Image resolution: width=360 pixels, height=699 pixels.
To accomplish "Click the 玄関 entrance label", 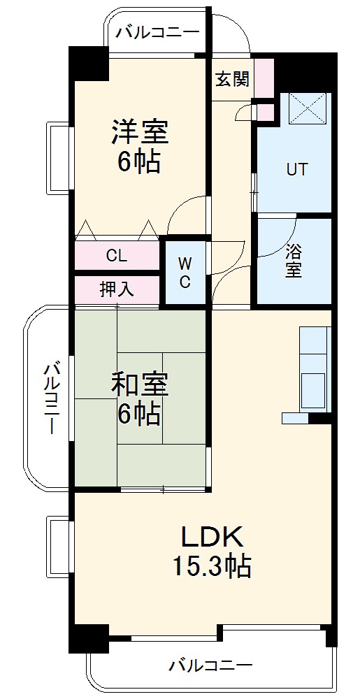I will tap(232, 79).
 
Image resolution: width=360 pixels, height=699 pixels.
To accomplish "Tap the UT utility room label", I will tap(296, 170).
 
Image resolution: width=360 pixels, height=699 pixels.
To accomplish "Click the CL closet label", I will tap(117, 255).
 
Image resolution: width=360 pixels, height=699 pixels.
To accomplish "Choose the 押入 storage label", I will tap(117, 289).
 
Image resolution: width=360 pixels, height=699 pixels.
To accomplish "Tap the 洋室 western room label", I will tap(140, 131).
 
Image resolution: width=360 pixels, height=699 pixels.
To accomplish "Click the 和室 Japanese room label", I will tap(140, 384).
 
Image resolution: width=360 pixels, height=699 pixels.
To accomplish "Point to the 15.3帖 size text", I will tap(213, 566).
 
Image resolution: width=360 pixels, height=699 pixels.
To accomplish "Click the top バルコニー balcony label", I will tap(158, 31).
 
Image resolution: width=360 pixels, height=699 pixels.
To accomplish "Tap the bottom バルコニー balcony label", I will tap(210, 665).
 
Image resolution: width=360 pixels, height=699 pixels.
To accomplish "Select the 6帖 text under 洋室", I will tap(138, 162).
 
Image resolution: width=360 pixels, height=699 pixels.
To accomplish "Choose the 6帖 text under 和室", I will tap(138, 415).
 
